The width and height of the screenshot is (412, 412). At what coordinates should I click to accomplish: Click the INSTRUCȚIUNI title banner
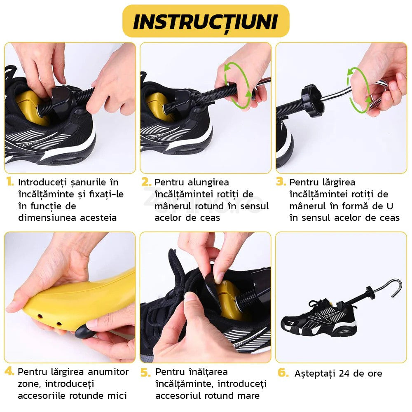click(x=206, y=21)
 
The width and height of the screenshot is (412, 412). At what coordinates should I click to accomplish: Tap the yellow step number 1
click(x=10, y=182)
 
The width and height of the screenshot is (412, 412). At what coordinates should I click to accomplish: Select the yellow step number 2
click(x=146, y=182)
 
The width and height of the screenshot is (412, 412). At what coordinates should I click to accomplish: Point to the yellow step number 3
click(x=281, y=182)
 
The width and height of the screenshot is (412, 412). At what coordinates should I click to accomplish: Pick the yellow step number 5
click(x=146, y=372)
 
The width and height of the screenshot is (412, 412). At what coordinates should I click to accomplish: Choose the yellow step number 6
click(x=283, y=372)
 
